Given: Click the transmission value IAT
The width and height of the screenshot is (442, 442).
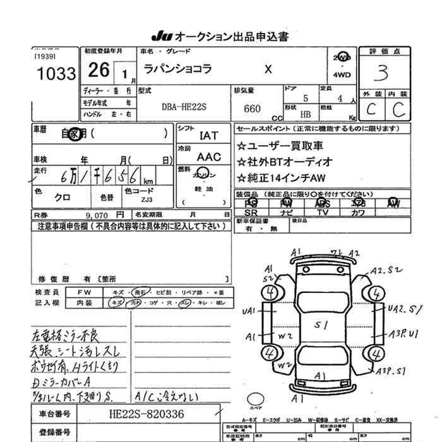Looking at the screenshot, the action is pyautogui.click(x=208, y=135).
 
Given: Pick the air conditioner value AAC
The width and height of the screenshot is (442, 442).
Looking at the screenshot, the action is pyautogui.click(x=209, y=157).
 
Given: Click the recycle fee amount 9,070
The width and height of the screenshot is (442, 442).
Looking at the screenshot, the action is pyautogui.click(x=93, y=215).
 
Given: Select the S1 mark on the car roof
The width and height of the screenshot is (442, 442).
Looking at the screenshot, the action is pyautogui.click(x=321, y=326).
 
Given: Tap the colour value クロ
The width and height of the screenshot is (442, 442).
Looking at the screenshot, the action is pyautogui.click(x=63, y=197).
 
